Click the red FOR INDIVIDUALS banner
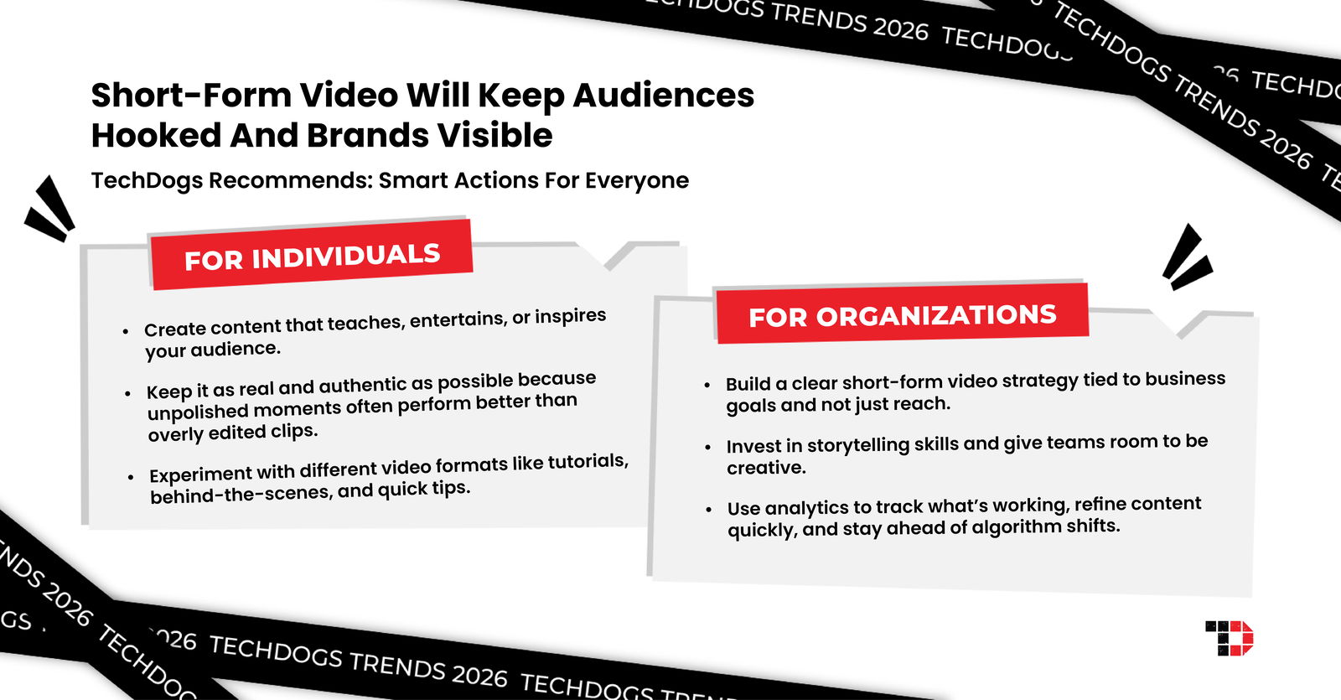(312, 256)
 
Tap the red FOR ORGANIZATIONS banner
(902, 314)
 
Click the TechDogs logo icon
(1229, 638)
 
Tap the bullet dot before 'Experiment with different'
(131, 477)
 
